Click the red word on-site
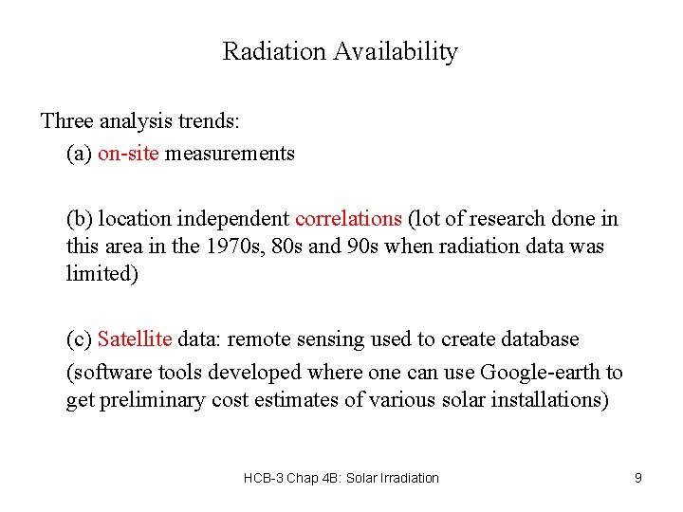(x=128, y=153)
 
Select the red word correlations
(x=348, y=219)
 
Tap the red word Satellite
(x=135, y=339)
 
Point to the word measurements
(x=230, y=153)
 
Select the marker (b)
(x=80, y=219)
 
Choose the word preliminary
(x=151, y=400)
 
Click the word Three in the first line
(x=67, y=121)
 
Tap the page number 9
(x=638, y=478)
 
